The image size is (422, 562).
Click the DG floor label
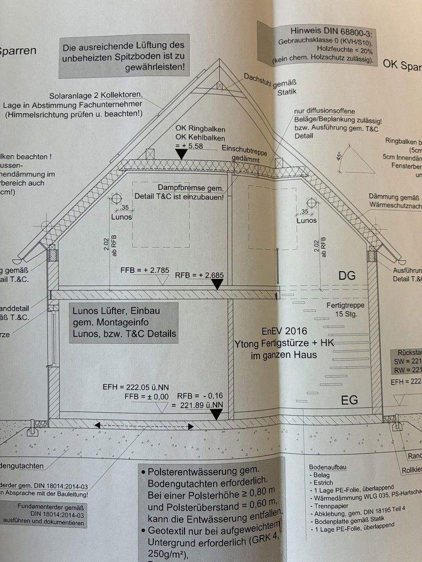tap(347, 276)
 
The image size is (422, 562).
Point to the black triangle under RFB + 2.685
tap(218, 283)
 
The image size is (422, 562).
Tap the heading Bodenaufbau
tap(328, 467)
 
